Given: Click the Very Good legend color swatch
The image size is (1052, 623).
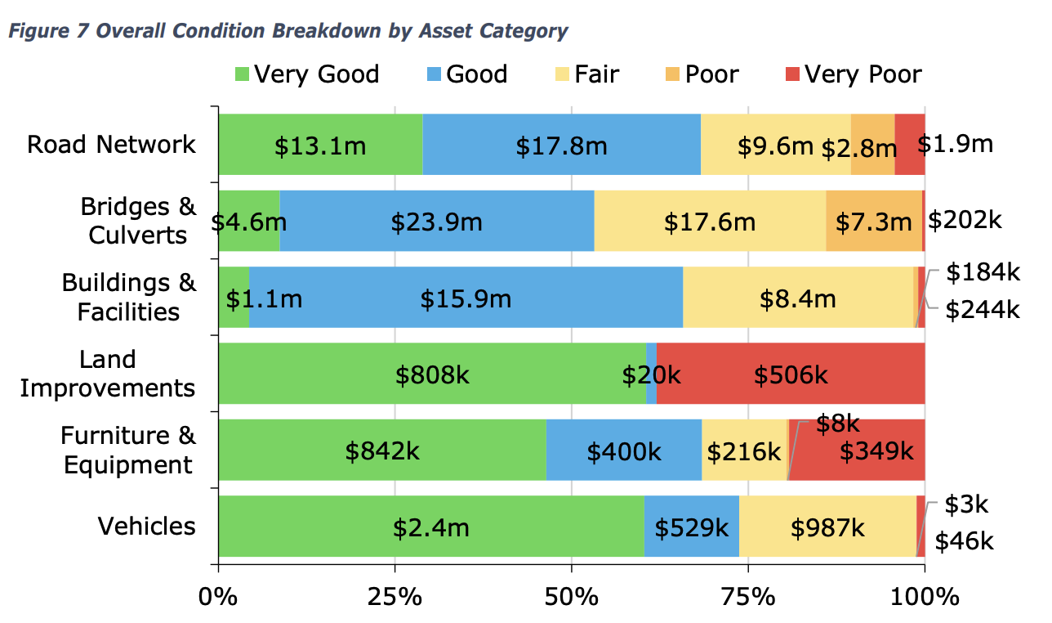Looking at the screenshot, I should coord(242,74).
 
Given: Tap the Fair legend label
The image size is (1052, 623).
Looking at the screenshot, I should coord(596,74).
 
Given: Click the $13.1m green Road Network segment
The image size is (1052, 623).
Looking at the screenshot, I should coord(320,146).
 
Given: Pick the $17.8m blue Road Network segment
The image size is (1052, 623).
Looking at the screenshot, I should coord(561,146).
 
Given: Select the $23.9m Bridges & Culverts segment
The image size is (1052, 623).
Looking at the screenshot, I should coord(436,222).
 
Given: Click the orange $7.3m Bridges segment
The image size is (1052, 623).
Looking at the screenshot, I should coord(873,222).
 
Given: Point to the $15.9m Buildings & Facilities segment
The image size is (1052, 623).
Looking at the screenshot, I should coord(466,298).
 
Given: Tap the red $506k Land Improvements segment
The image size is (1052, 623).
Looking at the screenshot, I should coord(790,374).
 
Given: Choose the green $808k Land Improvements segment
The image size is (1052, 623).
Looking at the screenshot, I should coord(432,374).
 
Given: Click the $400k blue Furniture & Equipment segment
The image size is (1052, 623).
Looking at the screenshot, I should coord(623,450).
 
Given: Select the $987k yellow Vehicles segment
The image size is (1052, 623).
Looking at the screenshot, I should coord(827,527).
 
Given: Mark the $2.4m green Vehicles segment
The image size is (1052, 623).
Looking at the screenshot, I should coord(431,527).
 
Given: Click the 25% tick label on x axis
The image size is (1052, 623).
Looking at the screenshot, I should coord(394,596).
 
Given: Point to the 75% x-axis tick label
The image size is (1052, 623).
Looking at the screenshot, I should coord(748,596).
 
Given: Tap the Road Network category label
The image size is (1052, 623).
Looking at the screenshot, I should coord(111,145).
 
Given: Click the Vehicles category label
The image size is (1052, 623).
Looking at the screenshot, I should coord(147,526).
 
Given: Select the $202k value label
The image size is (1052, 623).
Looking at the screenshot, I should coord(965,219).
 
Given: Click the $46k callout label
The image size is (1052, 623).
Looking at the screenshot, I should coord(964,541).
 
